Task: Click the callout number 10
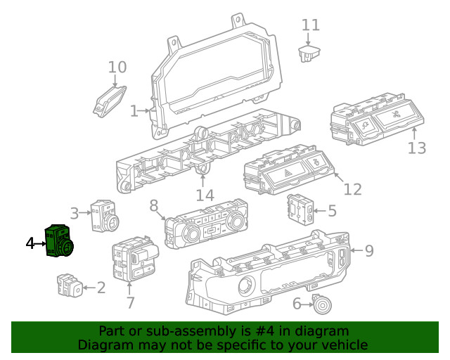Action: (117, 67)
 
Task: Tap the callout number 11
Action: (311, 25)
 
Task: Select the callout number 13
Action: (417, 148)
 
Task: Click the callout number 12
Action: (352, 189)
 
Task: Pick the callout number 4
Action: (30, 243)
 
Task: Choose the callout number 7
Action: (130, 303)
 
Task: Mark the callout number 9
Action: (368, 250)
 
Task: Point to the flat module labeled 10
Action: (110, 100)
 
